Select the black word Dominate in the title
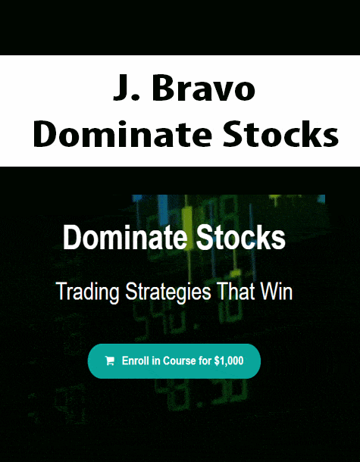(x=122, y=133)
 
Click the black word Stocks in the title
(x=280, y=133)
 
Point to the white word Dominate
(x=125, y=238)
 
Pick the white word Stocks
(x=241, y=238)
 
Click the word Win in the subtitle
(x=274, y=291)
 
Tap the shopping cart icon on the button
(x=110, y=361)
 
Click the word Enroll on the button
(x=136, y=361)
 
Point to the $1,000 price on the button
(x=229, y=361)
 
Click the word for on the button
(x=205, y=361)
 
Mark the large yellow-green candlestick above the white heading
(x=186, y=217)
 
